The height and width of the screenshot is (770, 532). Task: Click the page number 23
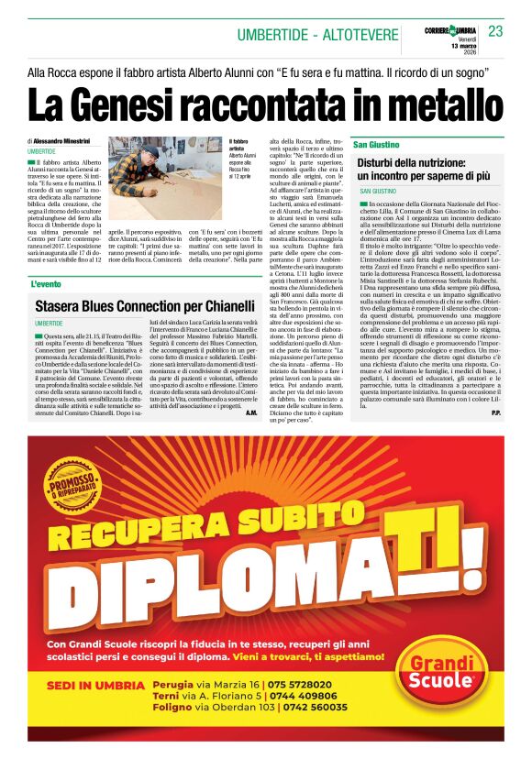(495, 32)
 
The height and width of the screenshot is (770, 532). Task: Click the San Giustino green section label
(376, 145)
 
